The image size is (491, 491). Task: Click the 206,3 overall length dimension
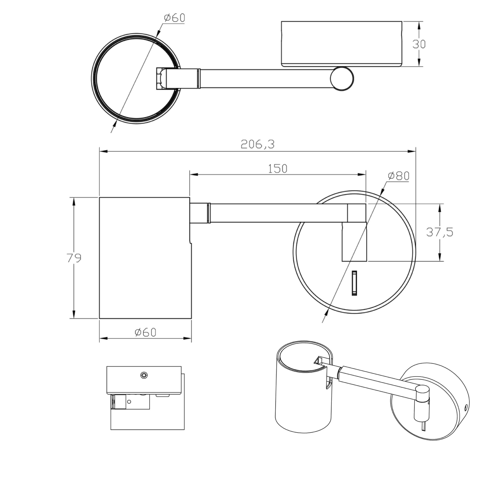coord(257,144)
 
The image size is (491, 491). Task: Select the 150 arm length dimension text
coord(278,169)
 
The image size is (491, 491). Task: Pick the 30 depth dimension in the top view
coord(419,44)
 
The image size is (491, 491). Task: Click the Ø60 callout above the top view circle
coord(175,18)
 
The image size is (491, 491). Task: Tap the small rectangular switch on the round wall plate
coord(354,283)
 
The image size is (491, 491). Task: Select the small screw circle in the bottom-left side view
coord(144,375)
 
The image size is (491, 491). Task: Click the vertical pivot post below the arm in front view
coord(354,242)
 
